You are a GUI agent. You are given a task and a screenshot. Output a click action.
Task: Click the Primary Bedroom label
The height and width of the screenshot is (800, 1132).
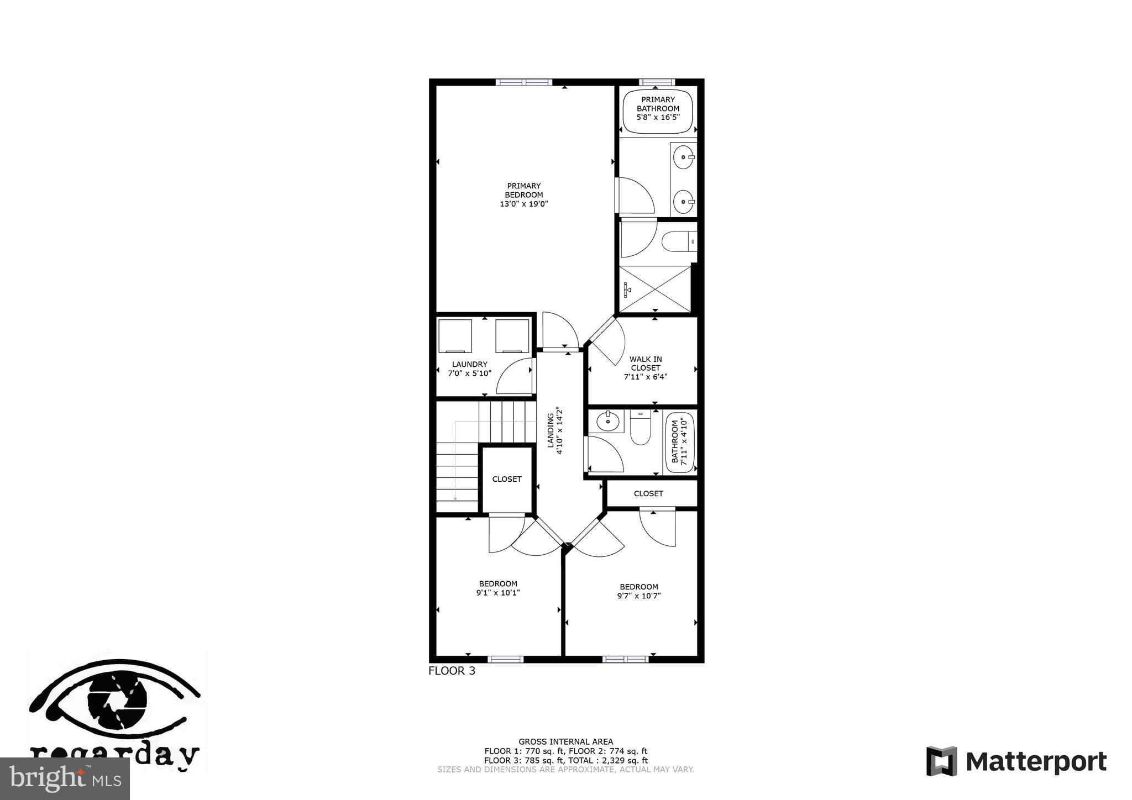523,190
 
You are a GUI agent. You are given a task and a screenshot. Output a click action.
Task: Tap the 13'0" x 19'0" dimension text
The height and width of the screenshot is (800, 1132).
523,204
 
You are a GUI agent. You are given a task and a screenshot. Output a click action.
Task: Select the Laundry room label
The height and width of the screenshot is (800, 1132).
469,364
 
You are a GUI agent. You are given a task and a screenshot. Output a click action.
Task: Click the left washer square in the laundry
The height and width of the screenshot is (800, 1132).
455,335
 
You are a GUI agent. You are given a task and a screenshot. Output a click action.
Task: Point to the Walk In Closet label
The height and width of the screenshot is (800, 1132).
646,363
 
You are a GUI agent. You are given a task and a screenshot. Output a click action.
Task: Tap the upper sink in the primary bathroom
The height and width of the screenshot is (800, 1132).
684,157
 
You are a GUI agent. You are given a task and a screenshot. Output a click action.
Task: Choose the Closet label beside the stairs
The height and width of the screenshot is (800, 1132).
506,479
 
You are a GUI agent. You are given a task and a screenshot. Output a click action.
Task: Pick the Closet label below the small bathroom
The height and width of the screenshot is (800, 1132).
648,493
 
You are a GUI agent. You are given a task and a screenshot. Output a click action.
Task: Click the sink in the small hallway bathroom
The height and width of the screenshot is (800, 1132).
607,422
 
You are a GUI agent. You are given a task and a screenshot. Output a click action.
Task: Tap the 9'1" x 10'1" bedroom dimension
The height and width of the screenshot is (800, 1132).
498,593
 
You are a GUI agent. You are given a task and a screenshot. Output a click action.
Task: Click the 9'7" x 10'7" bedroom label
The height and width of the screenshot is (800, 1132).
638,591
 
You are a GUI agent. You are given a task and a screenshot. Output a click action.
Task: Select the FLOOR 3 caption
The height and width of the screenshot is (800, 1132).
452,671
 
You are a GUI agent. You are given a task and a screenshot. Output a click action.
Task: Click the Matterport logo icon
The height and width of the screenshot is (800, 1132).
941,761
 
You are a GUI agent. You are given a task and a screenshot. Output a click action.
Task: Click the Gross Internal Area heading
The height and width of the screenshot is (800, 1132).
565,741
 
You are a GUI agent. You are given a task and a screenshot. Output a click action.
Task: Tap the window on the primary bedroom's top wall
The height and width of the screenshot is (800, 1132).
523,82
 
